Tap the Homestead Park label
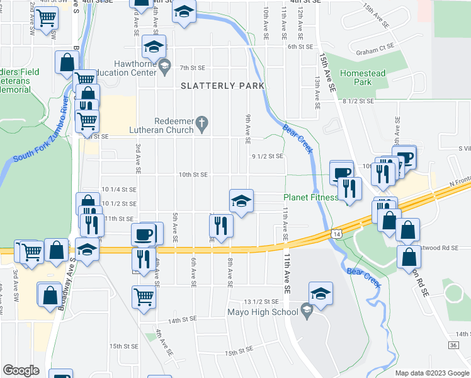[x=362, y=77]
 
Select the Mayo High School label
[x=263, y=311]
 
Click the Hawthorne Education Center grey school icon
[x=164, y=66]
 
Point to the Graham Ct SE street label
[x=375, y=46]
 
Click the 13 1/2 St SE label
[x=260, y=302]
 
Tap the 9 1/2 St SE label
[x=268, y=156]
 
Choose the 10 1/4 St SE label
[x=119, y=189]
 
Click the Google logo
[x=21, y=370]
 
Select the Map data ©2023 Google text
[x=432, y=373]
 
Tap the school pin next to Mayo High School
[x=321, y=294]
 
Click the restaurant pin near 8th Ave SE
[x=221, y=225]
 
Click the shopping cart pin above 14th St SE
[x=144, y=297]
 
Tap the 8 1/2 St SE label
[x=358, y=101]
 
